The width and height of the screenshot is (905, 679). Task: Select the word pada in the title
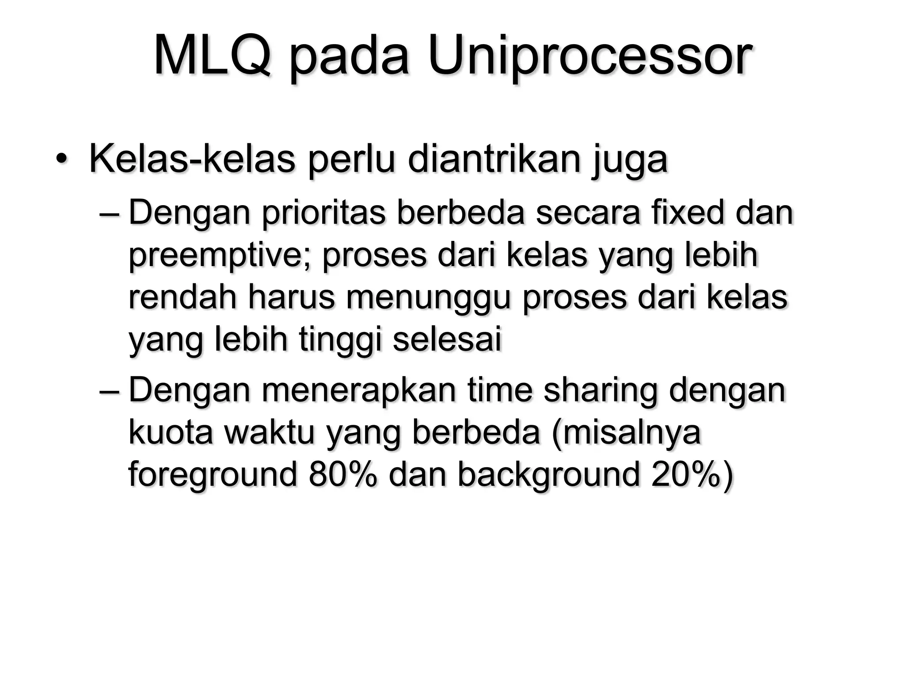349,58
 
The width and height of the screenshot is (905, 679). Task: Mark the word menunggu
429,299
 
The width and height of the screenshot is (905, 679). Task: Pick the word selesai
447,339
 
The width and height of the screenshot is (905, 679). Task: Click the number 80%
343,475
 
